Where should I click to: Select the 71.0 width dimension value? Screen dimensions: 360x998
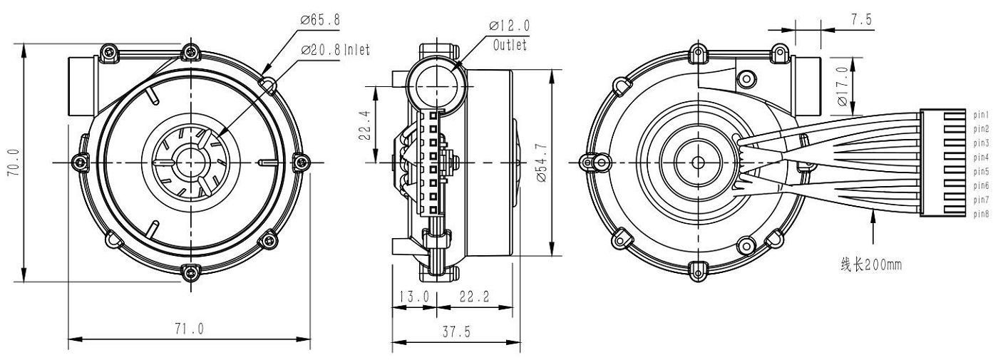(x=190, y=329)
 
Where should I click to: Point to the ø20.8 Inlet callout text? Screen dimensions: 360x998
(x=335, y=49)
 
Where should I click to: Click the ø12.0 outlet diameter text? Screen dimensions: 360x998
(x=509, y=26)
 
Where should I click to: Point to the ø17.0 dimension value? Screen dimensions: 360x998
(x=843, y=86)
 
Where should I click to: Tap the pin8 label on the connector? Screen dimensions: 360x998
(x=980, y=213)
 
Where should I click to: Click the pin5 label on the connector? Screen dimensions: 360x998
(x=980, y=171)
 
